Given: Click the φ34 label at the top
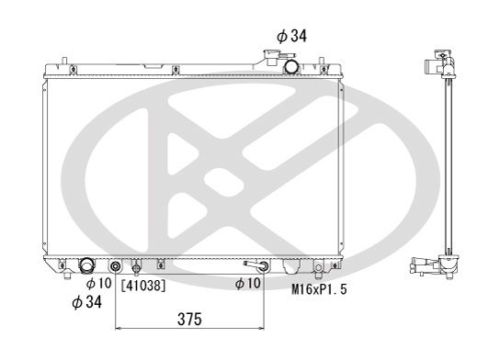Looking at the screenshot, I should coord(292,36).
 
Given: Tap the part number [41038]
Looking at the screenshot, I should coord(143,285).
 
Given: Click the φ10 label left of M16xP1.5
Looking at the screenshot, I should coord(248,285).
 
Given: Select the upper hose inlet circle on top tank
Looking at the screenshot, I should coord(291,66).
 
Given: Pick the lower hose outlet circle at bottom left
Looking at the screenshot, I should coord(87,266).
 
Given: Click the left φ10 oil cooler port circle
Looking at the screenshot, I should coord(116,268).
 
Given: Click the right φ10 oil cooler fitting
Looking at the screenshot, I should coord(263,267).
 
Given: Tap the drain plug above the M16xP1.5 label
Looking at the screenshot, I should coord(319,270).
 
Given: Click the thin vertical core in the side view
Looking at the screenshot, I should coord(447,165).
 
